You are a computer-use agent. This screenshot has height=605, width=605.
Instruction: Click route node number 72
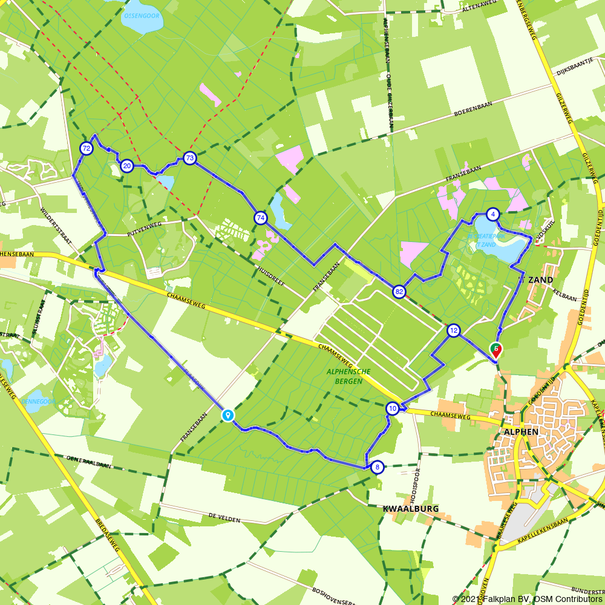click(x=87, y=148)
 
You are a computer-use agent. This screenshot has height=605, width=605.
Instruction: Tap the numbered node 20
click(x=126, y=166)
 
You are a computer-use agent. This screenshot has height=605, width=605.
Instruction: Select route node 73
click(x=190, y=159)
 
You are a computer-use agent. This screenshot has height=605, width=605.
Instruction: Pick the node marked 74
click(x=260, y=218)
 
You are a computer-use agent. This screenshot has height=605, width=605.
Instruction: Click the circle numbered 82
click(x=398, y=291)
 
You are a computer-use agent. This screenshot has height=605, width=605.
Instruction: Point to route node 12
click(x=453, y=330)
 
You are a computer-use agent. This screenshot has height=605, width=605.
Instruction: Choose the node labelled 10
click(x=393, y=409)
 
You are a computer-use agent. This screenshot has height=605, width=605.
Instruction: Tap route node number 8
click(x=377, y=466)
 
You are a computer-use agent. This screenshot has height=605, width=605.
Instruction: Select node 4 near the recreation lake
click(x=494, y=214)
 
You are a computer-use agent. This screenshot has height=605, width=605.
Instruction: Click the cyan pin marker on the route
click(x=227, y=415)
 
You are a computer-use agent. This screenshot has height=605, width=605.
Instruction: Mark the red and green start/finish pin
click(x=495, y=350)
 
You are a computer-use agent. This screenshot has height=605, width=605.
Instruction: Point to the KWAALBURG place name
click(x=411, y=509)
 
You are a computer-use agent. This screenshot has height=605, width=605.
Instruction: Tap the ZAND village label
click(x=541, y=280)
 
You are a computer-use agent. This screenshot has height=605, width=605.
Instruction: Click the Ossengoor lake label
click(x=142, y=15)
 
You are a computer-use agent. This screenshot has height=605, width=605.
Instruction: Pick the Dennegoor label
click(x=38, y=401)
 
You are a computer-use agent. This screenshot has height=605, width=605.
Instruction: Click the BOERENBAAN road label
click(x=473, y=109)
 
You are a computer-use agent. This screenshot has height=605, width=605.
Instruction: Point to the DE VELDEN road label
click(x=224, y=518)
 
